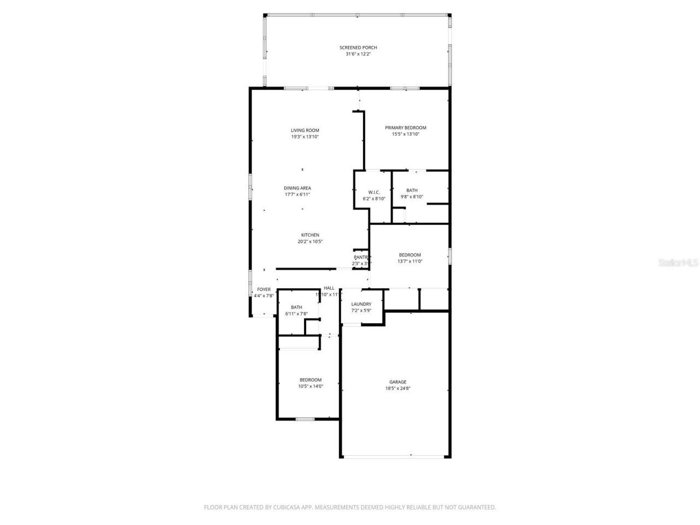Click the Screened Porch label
[x=358, y=48]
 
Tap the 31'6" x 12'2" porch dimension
[x=358, y=54]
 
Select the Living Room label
[x=305, y=130]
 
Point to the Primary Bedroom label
[x=405, y=127]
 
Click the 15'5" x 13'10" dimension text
[x=405, y=134]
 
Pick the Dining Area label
[x=297, y=188]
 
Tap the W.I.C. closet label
[x=374, y=192]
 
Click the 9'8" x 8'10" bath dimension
[x=412, y=197]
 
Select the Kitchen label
[x=310, y=235]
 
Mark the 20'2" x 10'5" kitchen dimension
[x=310, y=242]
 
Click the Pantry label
[x=361, y=257]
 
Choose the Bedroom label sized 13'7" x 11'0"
[x=410, y=255]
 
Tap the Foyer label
[x=264, y=289]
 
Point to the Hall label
[x=329, y=288]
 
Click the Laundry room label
[x=361, y=304]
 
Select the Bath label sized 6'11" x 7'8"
[x=296, y=307]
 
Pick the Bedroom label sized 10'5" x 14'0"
[x=310, y=380]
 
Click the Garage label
[x=398, y=382]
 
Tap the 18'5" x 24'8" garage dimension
[x=398, y=388]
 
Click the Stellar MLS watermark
[x=678, y=262]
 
